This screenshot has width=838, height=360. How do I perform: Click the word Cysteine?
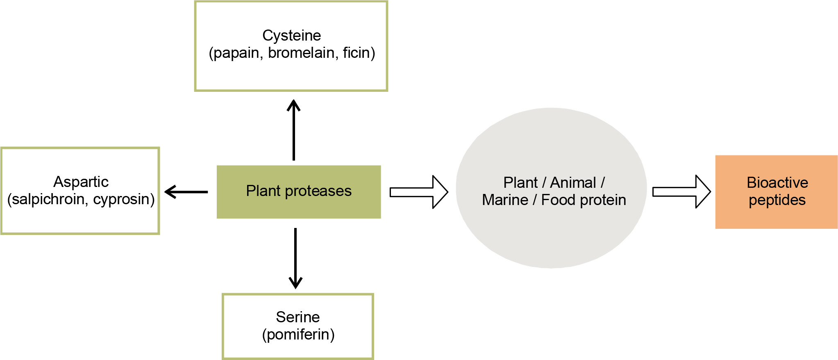[291, 36]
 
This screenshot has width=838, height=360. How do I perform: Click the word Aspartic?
[81, 182]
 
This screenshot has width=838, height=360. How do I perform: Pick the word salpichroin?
[49, 199]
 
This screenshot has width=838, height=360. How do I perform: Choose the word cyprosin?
[122, 199]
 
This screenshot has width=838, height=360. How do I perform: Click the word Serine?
[298, 317]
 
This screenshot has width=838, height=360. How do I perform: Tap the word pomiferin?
[298, 335]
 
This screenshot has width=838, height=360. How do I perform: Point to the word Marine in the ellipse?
[505, 200]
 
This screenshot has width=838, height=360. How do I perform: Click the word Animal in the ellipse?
[573, 182]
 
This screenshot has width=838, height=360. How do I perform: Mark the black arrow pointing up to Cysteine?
[294, 130]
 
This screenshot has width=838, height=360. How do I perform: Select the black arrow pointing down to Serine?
[295, 258]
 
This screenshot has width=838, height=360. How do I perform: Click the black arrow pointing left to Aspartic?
[186, 191]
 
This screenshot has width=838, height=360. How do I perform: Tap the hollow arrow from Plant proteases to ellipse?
[418, 192]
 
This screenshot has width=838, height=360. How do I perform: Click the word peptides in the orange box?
[777, 200]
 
